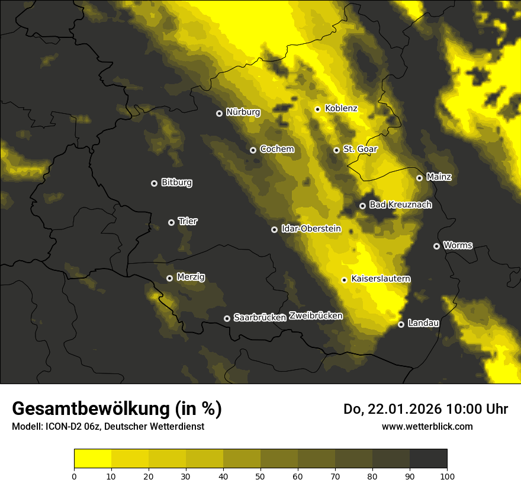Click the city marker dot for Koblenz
coord(318,109)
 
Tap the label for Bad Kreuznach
coord(400,205)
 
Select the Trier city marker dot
coord(172,222)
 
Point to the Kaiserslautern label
coord(381,279)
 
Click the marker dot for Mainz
coord(419,178)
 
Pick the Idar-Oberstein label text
coord(311,228)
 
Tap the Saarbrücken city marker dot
coord(227,318)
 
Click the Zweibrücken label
coord(316,316)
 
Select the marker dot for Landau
coord(401,324)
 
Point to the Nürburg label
coord(243,111)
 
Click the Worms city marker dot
coord(437,246)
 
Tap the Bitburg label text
coord(176,183)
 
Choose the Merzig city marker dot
coord(169,278)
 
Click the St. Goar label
coord(360,149)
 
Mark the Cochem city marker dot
coord(253,150)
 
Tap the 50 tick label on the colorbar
coord(260,476)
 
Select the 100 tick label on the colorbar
coord(446,476)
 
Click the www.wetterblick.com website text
coord(427,426)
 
